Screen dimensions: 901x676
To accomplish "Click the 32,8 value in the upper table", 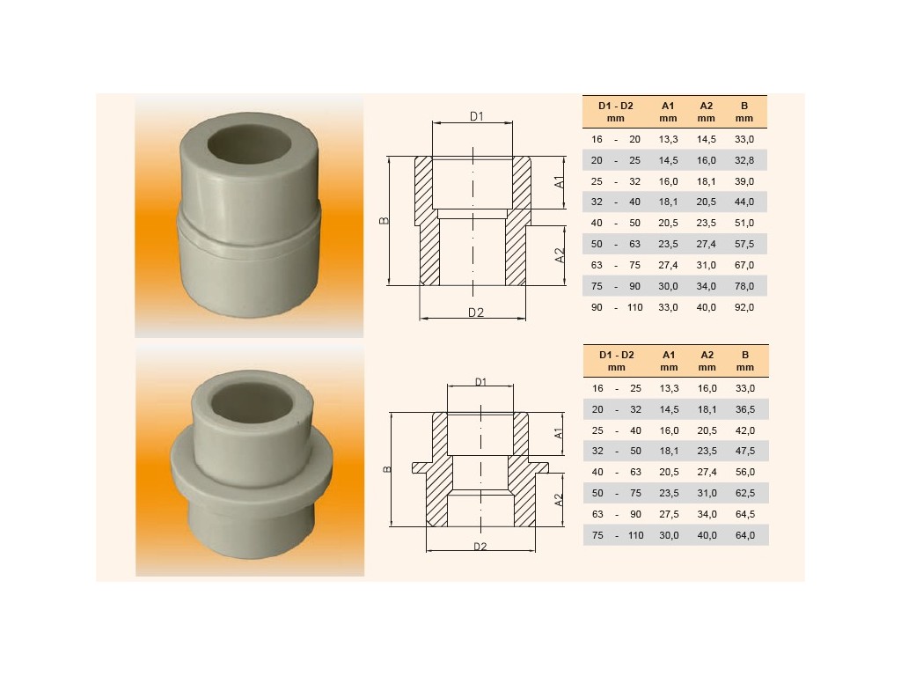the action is [744, 160].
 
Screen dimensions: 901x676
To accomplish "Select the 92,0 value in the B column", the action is [744, 307].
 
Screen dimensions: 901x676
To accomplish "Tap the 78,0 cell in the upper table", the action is [744, 286].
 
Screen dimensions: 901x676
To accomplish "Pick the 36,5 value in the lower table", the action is [745, 410].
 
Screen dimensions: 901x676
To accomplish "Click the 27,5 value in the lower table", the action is [669, 514].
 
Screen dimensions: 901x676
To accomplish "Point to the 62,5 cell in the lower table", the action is [745, 493].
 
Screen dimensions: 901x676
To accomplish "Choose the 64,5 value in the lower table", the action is [745, 514].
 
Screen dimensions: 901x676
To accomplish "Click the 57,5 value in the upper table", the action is [744, 245].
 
